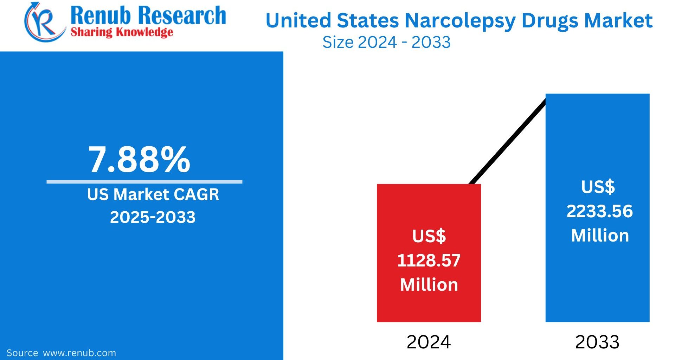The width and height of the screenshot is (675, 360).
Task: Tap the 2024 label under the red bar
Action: point(429,342)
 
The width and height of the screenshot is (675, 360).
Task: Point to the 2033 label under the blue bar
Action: point(597,342)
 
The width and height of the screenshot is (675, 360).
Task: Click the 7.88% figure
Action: point(139,160)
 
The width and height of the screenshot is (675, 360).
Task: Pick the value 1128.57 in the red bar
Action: point(429,261)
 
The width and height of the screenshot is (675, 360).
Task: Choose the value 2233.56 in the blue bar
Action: point(599,211)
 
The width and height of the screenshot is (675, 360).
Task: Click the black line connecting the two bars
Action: point(508,141)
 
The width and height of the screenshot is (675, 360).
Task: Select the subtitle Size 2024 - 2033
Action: point(386,42)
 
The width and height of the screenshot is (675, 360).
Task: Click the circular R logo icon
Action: point(44,22)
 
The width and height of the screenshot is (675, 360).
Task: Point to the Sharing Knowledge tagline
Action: point(122,32)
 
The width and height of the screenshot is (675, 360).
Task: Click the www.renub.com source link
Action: point(79,353)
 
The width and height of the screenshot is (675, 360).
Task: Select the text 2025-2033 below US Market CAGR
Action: point(153,217)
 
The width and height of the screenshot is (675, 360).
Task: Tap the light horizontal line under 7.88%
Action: point(144,182)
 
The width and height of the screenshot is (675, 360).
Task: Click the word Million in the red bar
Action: point(429,285)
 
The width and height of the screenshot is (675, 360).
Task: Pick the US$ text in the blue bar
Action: point(598,187)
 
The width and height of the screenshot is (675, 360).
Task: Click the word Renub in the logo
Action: point(101,15)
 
